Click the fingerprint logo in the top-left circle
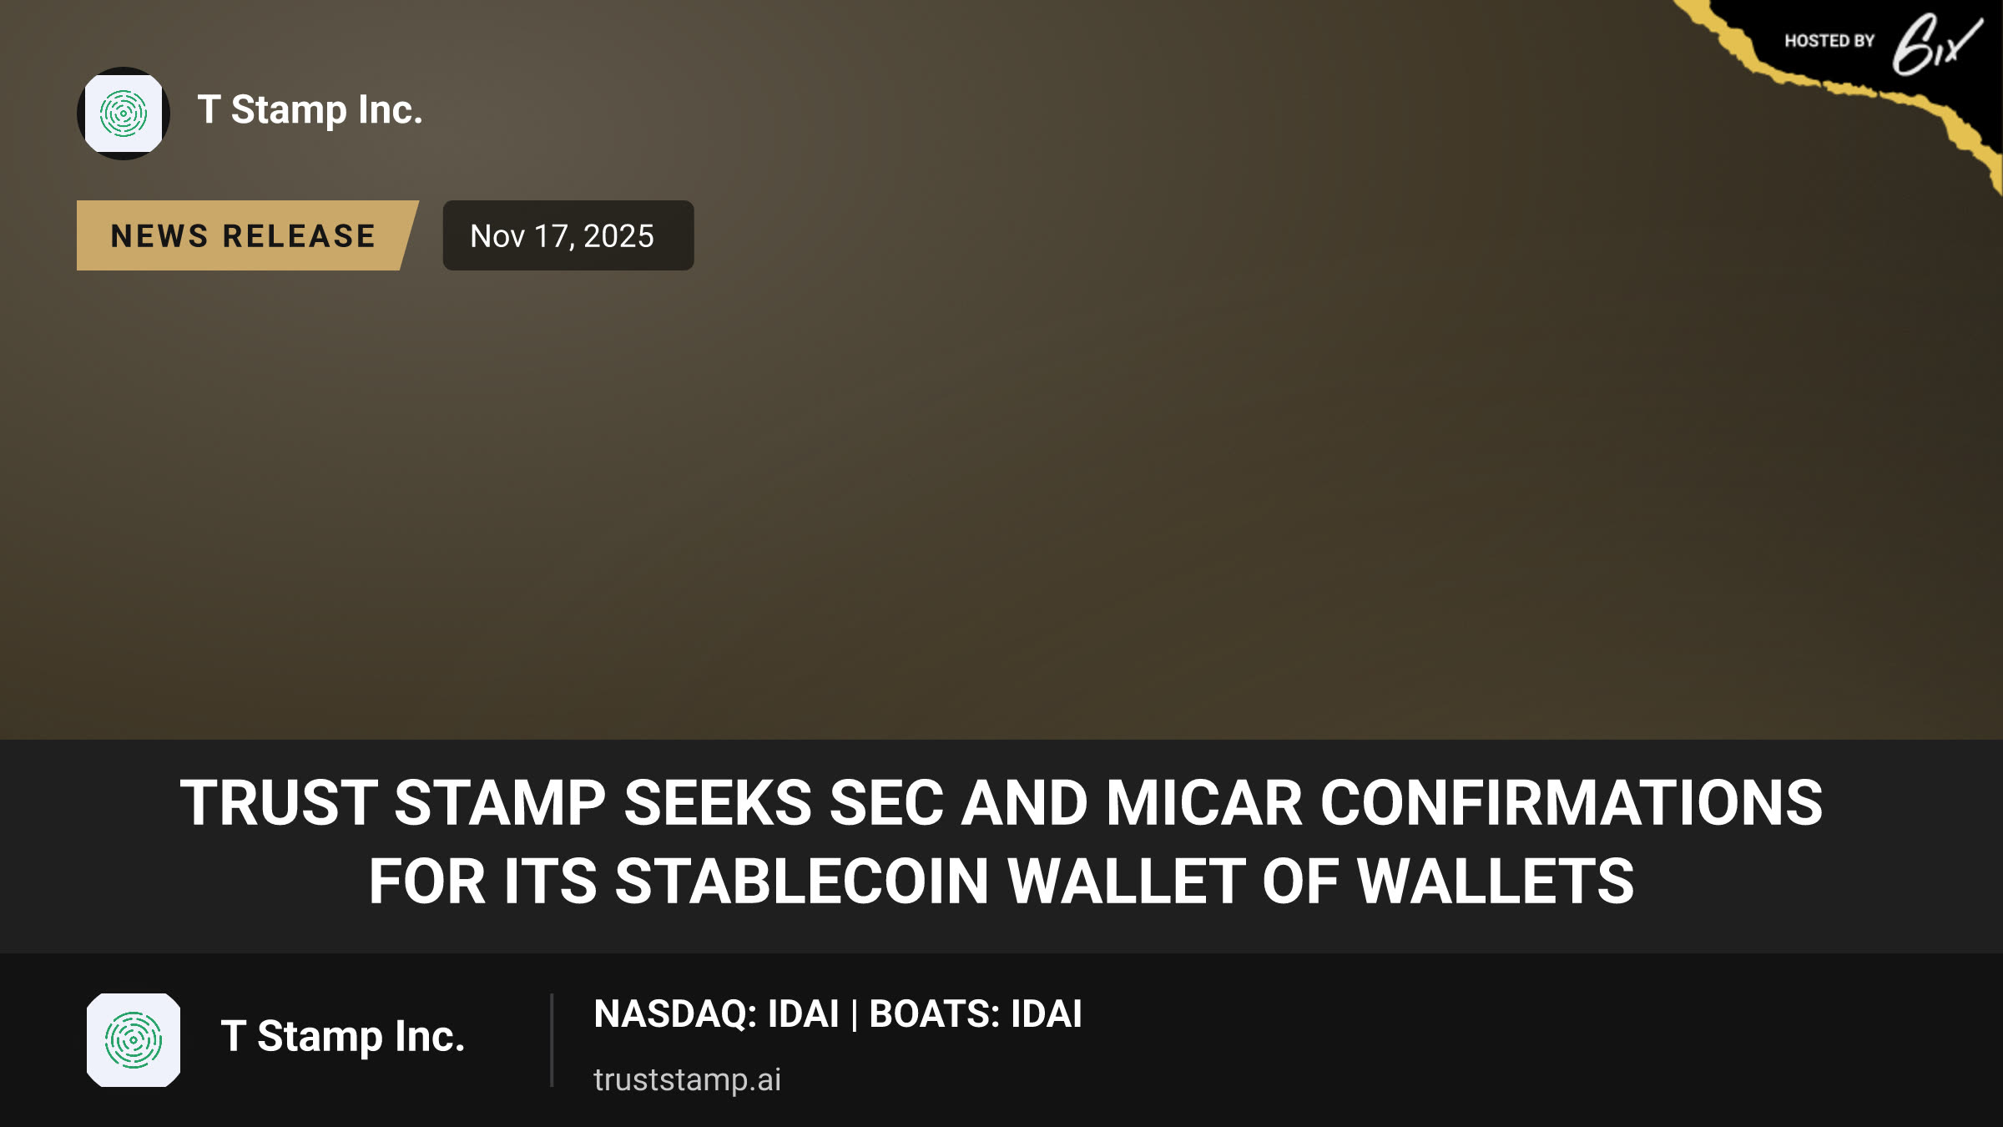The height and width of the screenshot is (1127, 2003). coord(124,114)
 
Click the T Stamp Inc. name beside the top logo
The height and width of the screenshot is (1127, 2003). coord(310,110)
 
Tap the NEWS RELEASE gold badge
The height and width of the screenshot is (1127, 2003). coord(244,235)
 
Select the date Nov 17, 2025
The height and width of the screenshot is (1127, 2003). coord(562,236)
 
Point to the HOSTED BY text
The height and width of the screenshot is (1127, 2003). coord(1829,41)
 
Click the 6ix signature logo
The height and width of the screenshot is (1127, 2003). coord(1936,44)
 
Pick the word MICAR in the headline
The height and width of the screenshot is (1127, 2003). coord(1203,803)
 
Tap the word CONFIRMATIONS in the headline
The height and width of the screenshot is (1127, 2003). coord(1572,803)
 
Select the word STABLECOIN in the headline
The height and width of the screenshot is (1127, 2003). coord(802,882)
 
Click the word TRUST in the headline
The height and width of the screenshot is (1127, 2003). coord(280,803)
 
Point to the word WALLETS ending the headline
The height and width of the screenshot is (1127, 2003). coord(1496,882)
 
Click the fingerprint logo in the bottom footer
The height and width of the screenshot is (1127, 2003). coord(134,1040)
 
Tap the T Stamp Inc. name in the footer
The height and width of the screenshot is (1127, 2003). coord(342,1037)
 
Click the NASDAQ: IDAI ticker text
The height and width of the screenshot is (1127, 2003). coord(716,1014)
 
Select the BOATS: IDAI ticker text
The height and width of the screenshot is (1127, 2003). coord(976,1014)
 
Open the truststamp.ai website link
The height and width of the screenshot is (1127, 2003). coord(687,1079)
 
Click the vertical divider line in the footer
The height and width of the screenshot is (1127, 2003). coord(552,1040)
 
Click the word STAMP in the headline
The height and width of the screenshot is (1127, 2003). coord(500,803)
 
